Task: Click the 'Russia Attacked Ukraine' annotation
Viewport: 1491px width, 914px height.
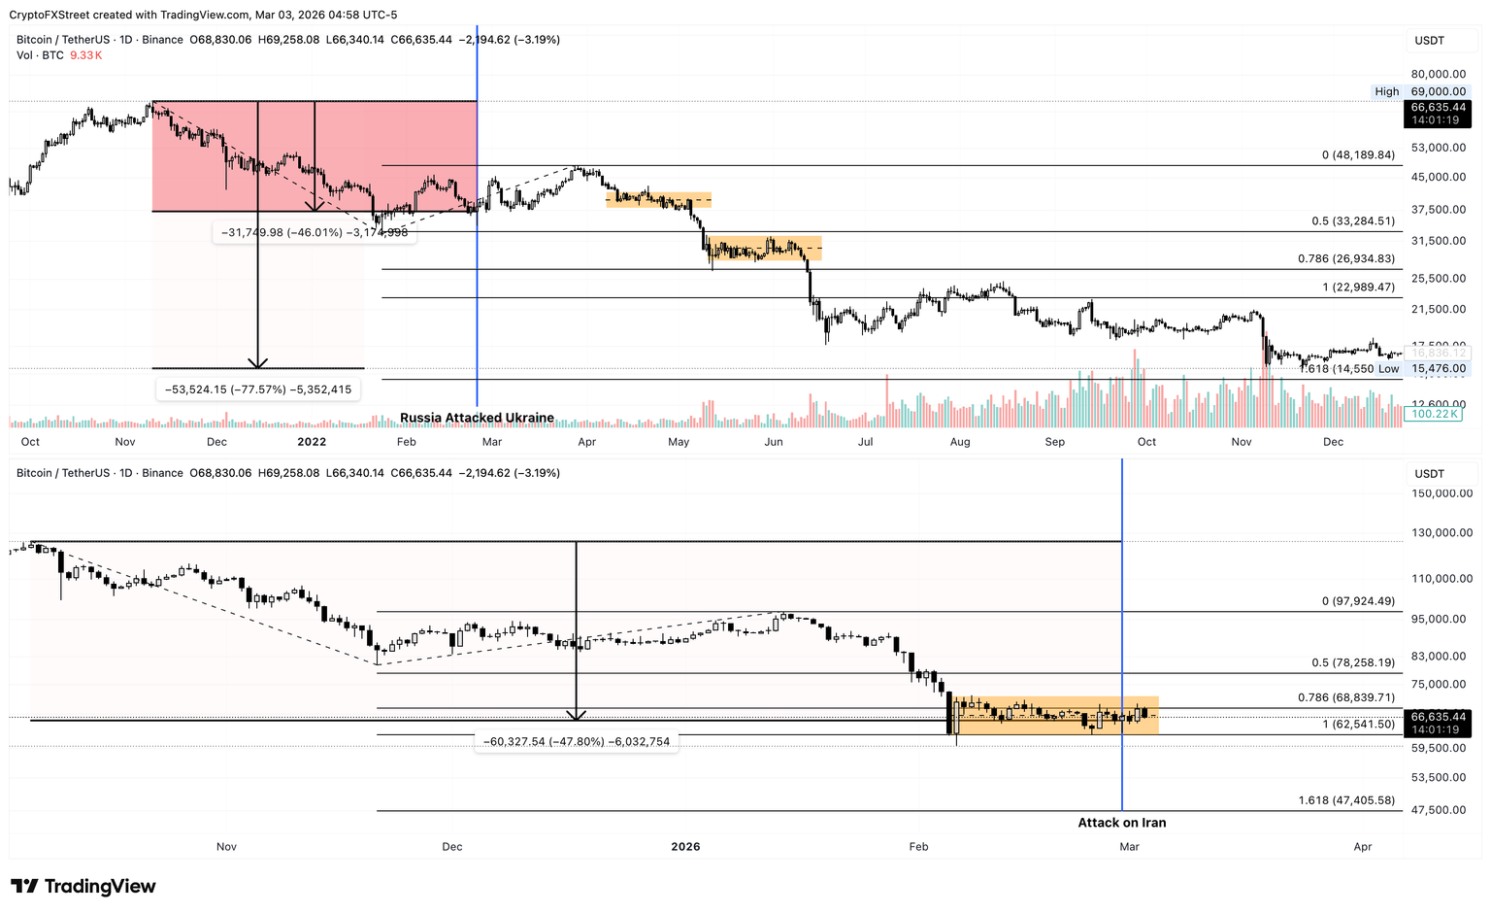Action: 477,418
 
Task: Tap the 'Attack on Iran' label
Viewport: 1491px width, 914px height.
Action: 1121,823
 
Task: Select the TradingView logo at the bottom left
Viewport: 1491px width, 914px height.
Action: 83,886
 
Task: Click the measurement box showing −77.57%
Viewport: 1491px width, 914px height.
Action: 258,389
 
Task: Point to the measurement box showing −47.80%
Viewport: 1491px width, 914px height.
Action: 577,741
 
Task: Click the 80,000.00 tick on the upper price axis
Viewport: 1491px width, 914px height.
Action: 1438,74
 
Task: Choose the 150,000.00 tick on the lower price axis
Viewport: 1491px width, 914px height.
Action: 1441,493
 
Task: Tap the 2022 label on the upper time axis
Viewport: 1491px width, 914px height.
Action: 312,442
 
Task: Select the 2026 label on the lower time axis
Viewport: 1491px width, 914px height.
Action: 685,847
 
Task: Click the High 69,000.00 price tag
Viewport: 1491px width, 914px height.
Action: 1420,91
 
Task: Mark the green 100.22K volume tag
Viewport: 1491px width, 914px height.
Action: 1435,414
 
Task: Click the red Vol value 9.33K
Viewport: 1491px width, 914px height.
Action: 85,55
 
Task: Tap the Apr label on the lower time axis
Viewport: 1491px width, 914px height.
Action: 1362,847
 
